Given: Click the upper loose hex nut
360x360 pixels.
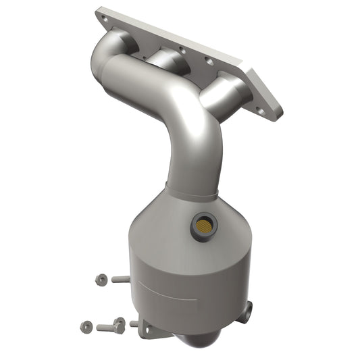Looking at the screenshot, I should (x=101, y=278).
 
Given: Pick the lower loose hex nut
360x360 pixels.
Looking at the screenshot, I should (x=86, y=326).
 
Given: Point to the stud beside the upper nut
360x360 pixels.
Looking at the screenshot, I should (x=120, y=278).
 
